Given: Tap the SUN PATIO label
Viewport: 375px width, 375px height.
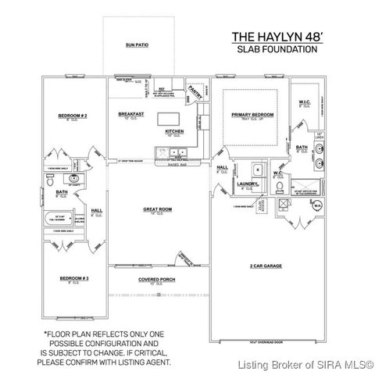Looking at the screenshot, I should click(137, 45).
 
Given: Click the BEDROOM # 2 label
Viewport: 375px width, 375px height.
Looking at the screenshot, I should click(72, 116).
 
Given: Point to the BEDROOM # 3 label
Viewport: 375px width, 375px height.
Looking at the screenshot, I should click(72, 278).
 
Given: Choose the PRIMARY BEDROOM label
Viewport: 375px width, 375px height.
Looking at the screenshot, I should click(250, 116).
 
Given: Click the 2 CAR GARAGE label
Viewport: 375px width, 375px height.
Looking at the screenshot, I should click(266, 266).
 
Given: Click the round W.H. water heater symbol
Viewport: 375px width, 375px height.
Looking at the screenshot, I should click(318, 206).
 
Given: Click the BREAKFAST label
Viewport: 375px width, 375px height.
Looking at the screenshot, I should click(130, 113).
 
